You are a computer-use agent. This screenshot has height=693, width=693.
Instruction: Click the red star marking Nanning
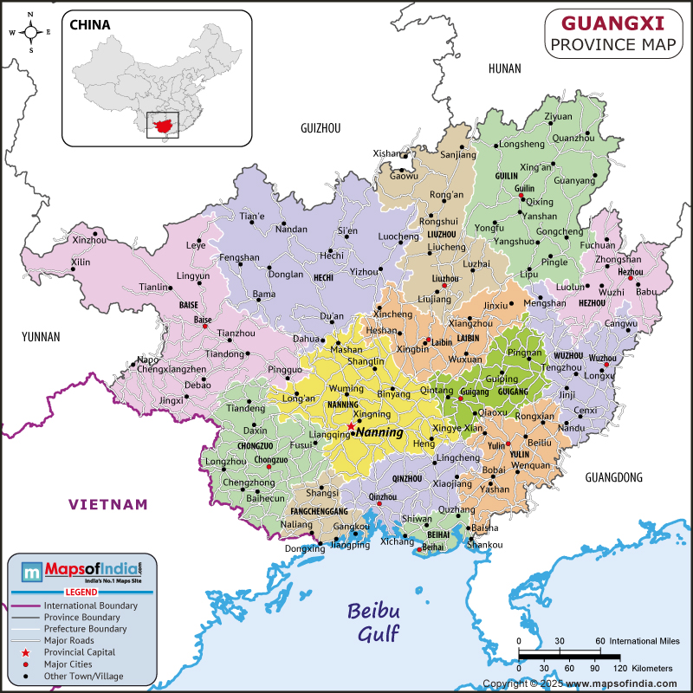point(351,426)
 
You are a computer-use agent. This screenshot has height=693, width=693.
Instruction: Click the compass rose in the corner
point(30,32)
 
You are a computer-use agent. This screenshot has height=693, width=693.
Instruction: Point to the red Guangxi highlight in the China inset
point(160,126)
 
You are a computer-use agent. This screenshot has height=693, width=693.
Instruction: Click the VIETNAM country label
point(109,504)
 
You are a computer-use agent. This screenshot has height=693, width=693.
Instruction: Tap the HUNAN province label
point(504,68)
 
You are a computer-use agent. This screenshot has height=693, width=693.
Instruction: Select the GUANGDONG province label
point(614,477)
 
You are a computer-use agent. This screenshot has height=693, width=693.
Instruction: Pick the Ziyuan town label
point(559,116)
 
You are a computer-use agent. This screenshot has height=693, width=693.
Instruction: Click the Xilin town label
point(80,262)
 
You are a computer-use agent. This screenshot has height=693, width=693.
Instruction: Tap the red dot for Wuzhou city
point(606,365)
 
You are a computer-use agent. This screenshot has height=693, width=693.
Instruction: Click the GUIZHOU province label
point(321,127)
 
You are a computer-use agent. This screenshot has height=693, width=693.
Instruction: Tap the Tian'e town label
point(252,216)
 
